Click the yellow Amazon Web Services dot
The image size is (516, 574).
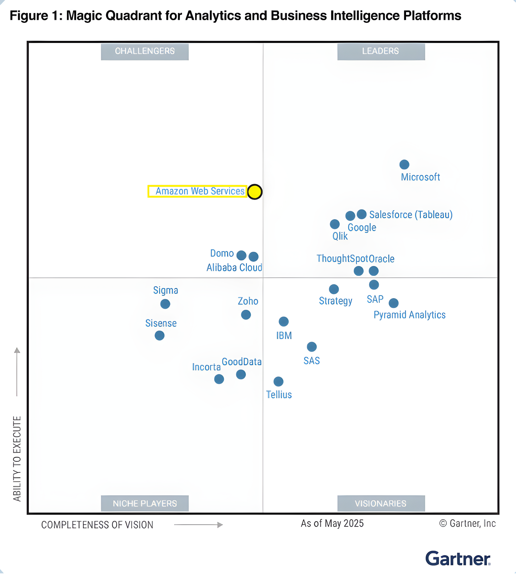(x=254, y=192)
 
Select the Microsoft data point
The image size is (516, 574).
(x=404, y=164)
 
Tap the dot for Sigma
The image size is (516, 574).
(x=165, y=304)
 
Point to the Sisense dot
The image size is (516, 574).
(x=160, y=336)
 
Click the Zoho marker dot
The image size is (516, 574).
(x=246, y=315)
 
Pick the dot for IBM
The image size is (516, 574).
(x=284, y=322)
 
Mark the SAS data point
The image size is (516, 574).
(x=312, y=347)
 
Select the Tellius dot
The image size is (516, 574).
(x=278, y=381)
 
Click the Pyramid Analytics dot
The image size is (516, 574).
(x=394, y=303)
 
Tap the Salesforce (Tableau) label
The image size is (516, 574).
(x=411, y=215)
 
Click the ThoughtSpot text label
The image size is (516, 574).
(x=342, y=259)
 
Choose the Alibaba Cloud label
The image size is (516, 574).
(x=234, y=267)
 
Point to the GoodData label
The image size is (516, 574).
(x=242, y=362)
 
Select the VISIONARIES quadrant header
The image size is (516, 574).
(x=381, y=503)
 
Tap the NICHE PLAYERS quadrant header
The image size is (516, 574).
(x=145, y=503)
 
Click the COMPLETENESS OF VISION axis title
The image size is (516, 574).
(x=97, y=525)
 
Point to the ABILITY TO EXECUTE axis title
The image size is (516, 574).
(x=17, y=459)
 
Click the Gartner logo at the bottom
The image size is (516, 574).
(x=457, y=559)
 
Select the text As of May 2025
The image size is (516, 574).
(x=332, y=524)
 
